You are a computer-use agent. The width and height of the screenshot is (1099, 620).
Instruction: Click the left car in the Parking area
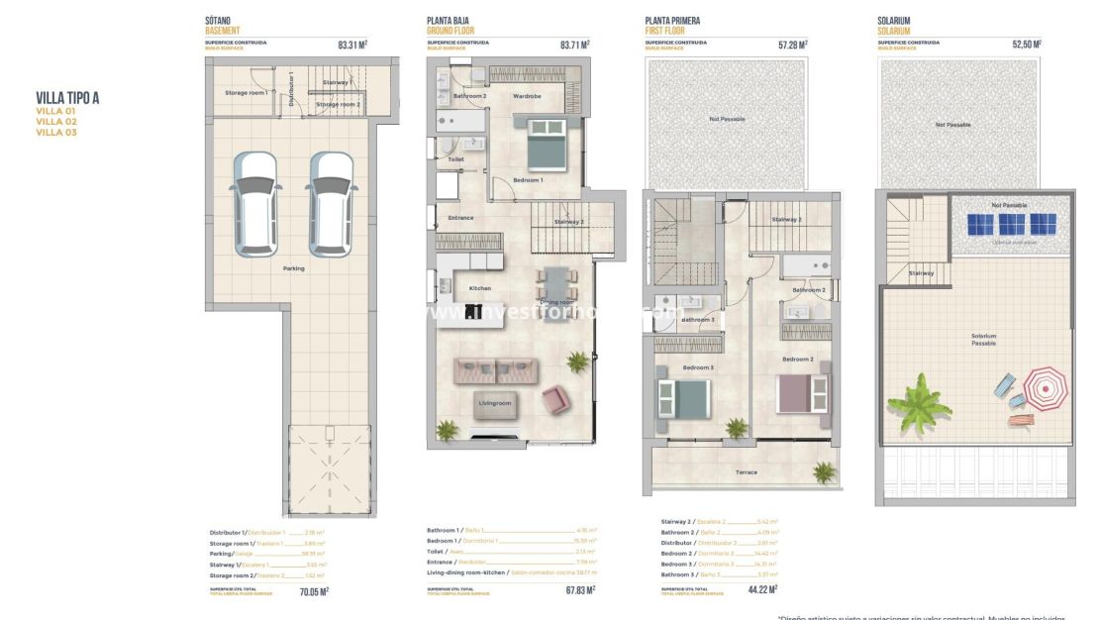pyautogui.click(x=254, y=202)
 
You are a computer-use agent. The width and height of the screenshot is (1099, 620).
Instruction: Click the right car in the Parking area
pyautogui.click(x=330, y=202)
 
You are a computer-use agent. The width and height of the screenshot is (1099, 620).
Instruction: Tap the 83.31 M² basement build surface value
pyautogui.click(x=352, y=45)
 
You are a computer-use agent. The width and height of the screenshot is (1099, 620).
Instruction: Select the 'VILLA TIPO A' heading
pyautogui.click(x=67, y=98)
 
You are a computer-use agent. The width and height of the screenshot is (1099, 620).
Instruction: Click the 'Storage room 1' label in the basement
pyautogui.click(x=247, y=93)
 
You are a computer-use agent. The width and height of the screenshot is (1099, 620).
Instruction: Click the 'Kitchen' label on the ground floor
pyautogui.click(x=479, y=288)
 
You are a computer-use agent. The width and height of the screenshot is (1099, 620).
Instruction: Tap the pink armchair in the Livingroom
pyautogui.click(x=555, y=399)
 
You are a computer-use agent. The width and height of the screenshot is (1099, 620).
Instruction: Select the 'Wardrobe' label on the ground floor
pyautogui.click(x=527, y=96)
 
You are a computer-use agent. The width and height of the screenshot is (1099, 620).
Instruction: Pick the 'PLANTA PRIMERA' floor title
pyautogui.click(x=673, y=21)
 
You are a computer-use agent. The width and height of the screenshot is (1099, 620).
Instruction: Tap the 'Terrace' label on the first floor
pyautogui.click(x=746, y=472)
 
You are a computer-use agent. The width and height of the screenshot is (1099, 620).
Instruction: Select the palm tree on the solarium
pyautogui.click(x=918, y=402)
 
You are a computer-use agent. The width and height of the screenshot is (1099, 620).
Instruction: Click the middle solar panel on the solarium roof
pyautogui.click(x=1011, y=224)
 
